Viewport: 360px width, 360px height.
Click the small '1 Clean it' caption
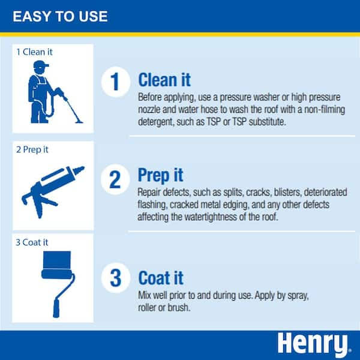pos(35,52)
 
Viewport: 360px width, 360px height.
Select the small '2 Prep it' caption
pos(34,149)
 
